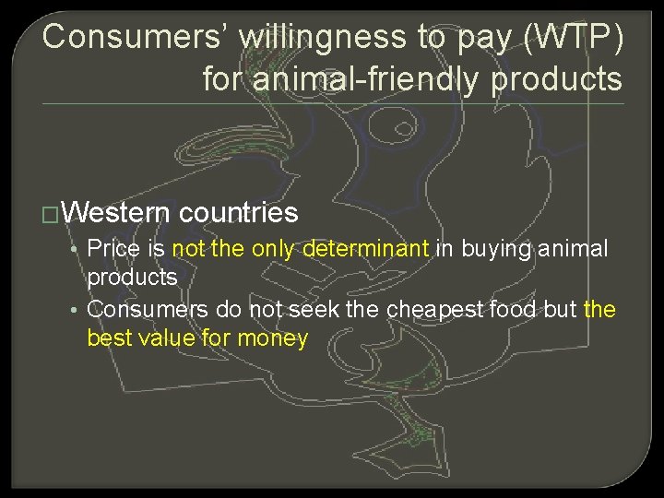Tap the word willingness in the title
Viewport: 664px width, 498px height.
tap(286, 37)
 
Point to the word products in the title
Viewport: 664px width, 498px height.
tap(556, 79)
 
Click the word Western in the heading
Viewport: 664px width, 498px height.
tap(117, 213)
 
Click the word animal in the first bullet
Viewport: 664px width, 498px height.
tap(575, 248)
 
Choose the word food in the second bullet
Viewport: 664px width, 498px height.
tap(512, 308)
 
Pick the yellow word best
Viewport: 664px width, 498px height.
tap(107, 338)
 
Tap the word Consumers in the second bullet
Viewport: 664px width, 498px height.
tap(147, 308)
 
